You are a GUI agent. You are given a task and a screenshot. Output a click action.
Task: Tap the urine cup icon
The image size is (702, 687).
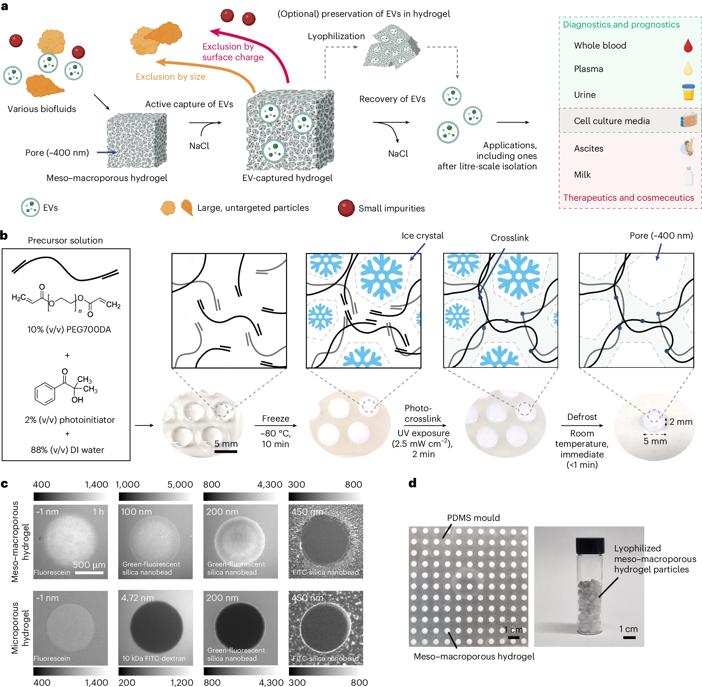pos(688,92)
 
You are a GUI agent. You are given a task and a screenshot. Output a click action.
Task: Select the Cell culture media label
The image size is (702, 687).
pos(611,121)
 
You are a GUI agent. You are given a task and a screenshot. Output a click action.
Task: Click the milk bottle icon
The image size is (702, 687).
pos(688,176)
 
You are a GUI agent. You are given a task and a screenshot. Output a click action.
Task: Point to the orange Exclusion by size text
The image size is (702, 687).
pos(170,76)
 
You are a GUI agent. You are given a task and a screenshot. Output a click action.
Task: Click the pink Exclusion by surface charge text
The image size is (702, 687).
pos(233,51)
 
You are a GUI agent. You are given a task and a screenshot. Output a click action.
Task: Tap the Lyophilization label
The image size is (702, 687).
pos(336,36)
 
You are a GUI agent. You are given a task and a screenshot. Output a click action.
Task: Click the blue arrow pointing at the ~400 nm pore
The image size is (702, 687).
pos(106,152)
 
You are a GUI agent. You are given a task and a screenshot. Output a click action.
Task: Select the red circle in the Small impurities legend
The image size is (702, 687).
pos(346,208)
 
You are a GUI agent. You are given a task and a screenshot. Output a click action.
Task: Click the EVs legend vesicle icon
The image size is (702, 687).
pos(30,208)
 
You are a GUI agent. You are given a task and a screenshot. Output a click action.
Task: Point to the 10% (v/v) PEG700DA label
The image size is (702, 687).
pos(69,330)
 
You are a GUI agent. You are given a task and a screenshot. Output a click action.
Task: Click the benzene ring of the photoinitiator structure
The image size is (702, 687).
pos(45,393)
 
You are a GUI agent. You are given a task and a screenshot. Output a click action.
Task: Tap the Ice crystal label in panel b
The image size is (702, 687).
pos(422,236)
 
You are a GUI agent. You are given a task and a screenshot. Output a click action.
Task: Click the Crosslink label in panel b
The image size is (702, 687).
pos(509,238)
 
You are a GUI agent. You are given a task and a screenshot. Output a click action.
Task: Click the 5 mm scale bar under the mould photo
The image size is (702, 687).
pos(226,451)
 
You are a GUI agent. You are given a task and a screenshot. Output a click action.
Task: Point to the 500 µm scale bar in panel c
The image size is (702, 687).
pos(89,573)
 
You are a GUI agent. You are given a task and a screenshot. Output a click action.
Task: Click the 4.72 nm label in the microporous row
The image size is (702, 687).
pos(137,598)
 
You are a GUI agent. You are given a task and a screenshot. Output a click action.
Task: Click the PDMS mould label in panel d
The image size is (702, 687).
pos(473,518)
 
